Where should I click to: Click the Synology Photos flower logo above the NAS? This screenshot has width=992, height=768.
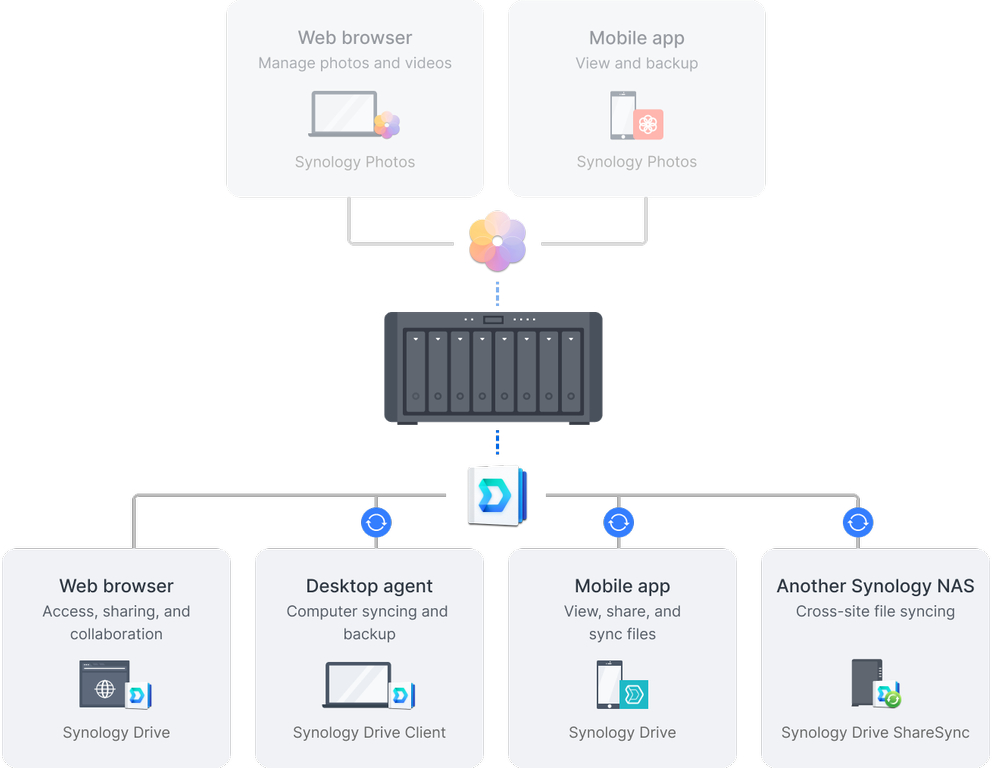point(497,242)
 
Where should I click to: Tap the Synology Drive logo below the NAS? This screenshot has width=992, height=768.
point(497,495)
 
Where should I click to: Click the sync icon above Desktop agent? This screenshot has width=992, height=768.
point(376,522)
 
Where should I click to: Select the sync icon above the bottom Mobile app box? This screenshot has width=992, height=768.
point(619,522)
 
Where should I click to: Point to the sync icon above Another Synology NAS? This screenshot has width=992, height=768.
point(858,522)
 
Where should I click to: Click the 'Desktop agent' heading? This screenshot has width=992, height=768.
point(369,586)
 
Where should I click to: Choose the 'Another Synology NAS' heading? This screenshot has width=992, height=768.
point(875,586)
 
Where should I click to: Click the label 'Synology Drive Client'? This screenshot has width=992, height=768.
point(369,733)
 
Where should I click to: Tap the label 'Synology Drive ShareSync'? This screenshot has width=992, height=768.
point(875,733)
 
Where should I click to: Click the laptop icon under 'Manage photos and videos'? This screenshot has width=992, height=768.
point(343,114)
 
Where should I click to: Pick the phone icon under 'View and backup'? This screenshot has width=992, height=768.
point(623,115)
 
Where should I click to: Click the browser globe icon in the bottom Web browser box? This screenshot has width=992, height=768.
point(104,685)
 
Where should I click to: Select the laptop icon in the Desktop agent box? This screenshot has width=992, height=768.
point(357,685)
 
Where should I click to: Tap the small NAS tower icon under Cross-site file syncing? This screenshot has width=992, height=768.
point(866,683)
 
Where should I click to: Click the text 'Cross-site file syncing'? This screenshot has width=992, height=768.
point(875,611)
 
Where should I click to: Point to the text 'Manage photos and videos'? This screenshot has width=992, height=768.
point(355,63)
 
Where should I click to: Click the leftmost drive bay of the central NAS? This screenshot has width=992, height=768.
point(416,371)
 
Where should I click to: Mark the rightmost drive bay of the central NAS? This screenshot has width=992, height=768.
point(571,371)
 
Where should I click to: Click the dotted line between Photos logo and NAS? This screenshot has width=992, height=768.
point(497,294)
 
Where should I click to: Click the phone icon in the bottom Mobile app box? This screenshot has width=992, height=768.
point(609,685)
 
